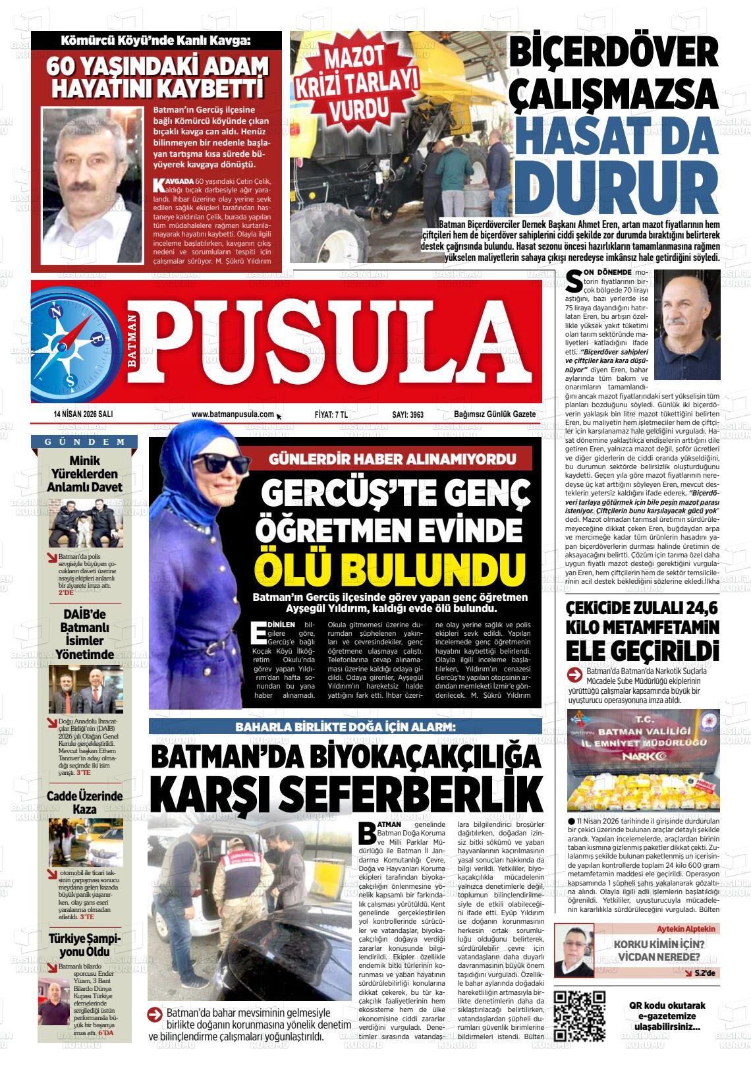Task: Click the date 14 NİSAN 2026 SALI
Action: tap(84, 414)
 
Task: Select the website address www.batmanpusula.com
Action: tap(233, 414)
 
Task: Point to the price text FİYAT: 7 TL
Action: tap(331, 414)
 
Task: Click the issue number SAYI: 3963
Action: tap(408, 414)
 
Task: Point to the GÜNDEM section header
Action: tap(85, 441)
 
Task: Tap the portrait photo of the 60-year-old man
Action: tap(92, 176)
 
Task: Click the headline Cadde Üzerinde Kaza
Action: tap(85, 803)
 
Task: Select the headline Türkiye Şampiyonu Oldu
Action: tap(85, 946)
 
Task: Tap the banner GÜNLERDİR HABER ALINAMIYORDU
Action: tap(392, 459)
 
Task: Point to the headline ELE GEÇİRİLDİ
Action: tap(642, 651)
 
